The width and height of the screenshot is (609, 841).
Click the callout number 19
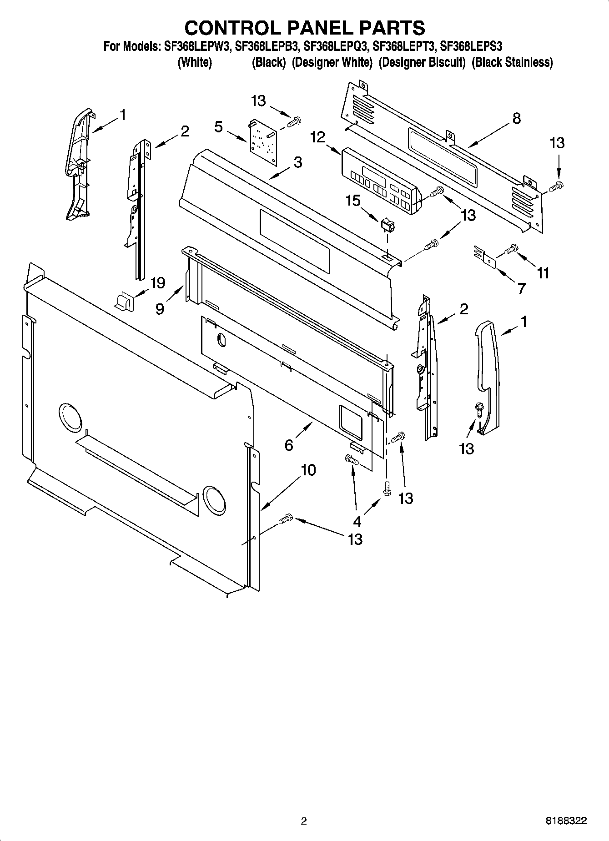(157, 283)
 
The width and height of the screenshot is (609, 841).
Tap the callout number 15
(352, 201)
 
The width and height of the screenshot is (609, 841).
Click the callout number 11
(543, 273)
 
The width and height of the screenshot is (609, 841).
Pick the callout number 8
(516, 118)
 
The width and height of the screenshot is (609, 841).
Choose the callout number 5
(219, 127)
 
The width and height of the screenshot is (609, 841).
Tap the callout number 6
(289, 445)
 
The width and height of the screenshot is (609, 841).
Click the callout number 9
(160, 309)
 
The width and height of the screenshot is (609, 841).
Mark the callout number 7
(521, 288)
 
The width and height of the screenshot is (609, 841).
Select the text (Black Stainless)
(512, 62)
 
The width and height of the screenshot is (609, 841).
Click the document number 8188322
(566, 821)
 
